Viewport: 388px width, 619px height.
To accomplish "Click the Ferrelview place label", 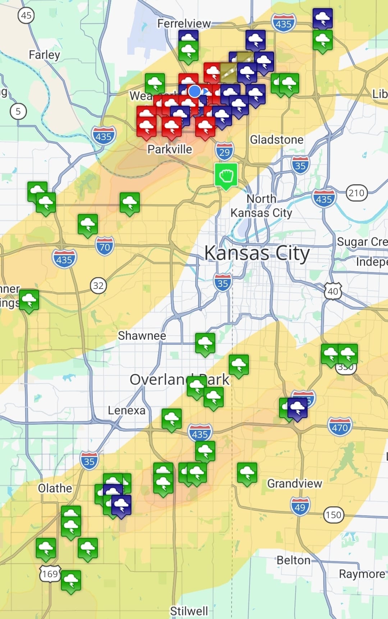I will (x=184, y=24).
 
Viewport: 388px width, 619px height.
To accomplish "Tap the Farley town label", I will (x=44, y=55).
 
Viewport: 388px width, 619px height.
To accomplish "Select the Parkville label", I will (x=170, y=149).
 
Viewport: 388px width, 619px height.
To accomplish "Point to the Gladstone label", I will (x=277, y=140).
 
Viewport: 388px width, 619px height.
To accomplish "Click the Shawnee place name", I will (x=142, y=336).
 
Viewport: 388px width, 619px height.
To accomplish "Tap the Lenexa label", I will (x=127, y=411).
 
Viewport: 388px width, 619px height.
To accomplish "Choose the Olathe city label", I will (x=55, y=488).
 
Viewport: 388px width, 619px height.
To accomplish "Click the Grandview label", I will (x=295, y=483).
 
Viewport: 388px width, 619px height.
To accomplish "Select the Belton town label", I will (x=293, y=560).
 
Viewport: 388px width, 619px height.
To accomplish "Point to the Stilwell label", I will (x=189, y=611).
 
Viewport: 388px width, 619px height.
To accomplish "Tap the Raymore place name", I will (x=362, y=574).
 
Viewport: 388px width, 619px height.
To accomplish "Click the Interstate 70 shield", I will (x=105, y=247).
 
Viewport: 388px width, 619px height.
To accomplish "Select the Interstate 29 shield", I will (x=225, y=152).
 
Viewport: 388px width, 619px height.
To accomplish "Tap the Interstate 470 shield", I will (x=339, y=427).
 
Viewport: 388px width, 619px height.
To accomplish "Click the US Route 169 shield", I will (x=50, y=574).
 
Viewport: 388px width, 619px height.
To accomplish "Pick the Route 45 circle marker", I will (x=26, y=15).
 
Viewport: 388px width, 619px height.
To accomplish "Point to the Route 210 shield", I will (x=356, y=193).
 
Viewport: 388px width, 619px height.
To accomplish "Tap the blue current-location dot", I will (x=195, y=91).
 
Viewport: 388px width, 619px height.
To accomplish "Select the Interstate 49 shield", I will (x=300, y=507).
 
